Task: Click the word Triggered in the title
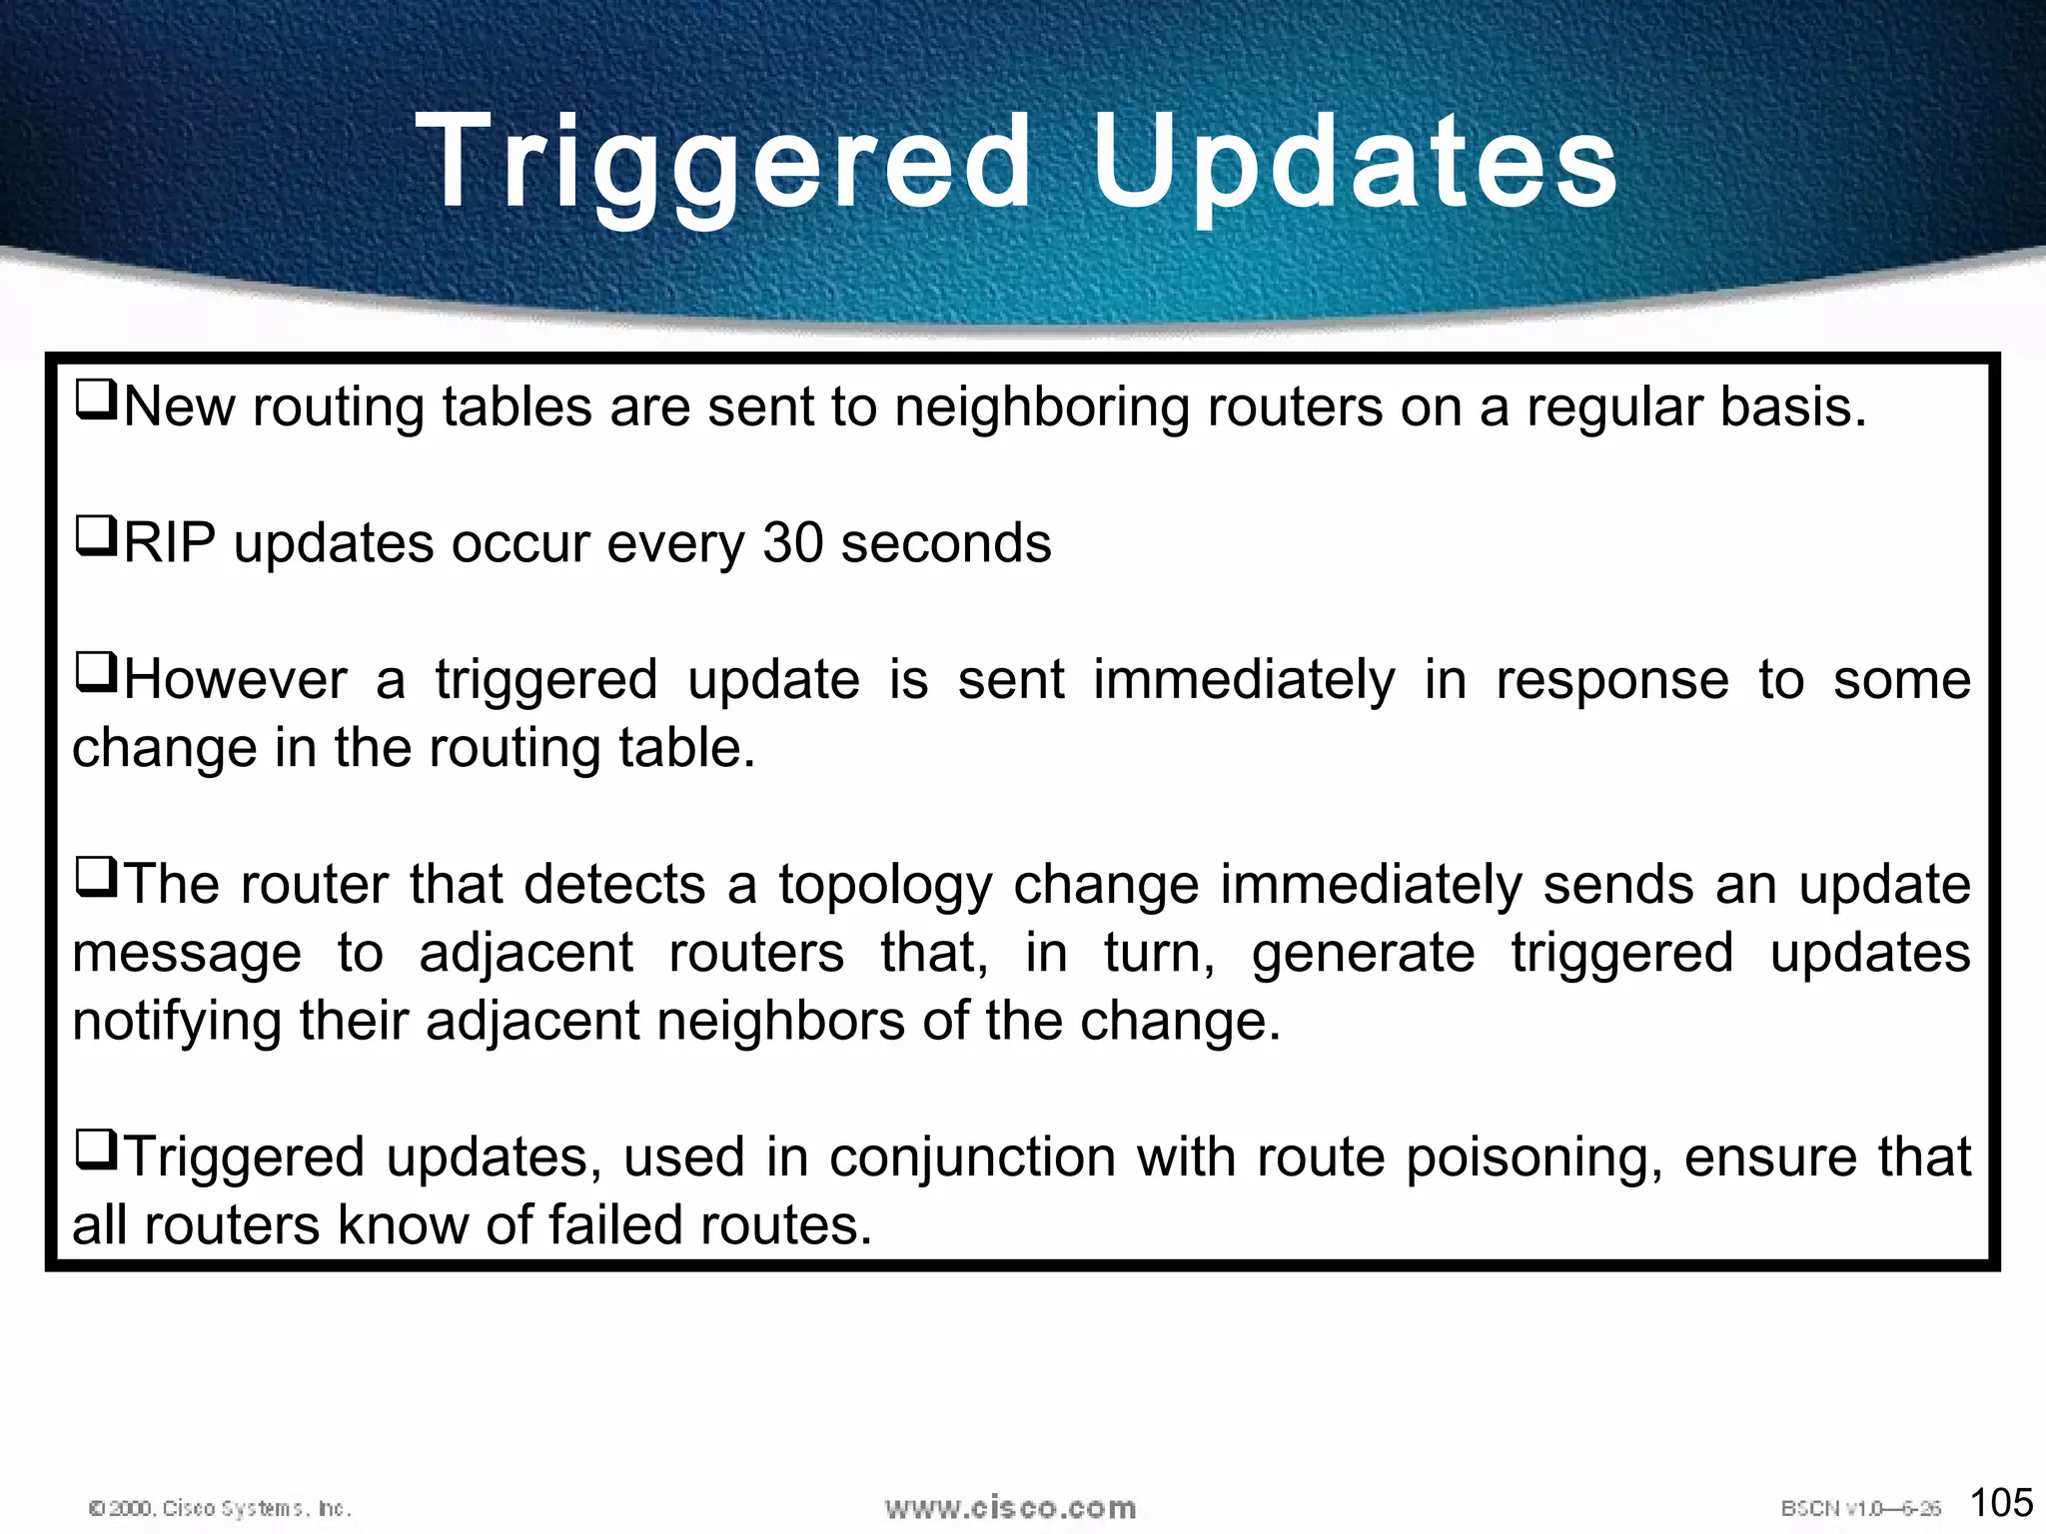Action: point(723,162)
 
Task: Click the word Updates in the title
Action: point(1354,162)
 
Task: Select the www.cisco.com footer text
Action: point(1010,1507)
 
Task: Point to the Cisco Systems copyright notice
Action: point(221,1508)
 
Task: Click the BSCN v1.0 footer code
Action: point(1860,1508)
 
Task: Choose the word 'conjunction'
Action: point(972,1158)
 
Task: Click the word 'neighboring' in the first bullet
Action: point(1041,408)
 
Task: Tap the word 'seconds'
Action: point(945,543)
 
